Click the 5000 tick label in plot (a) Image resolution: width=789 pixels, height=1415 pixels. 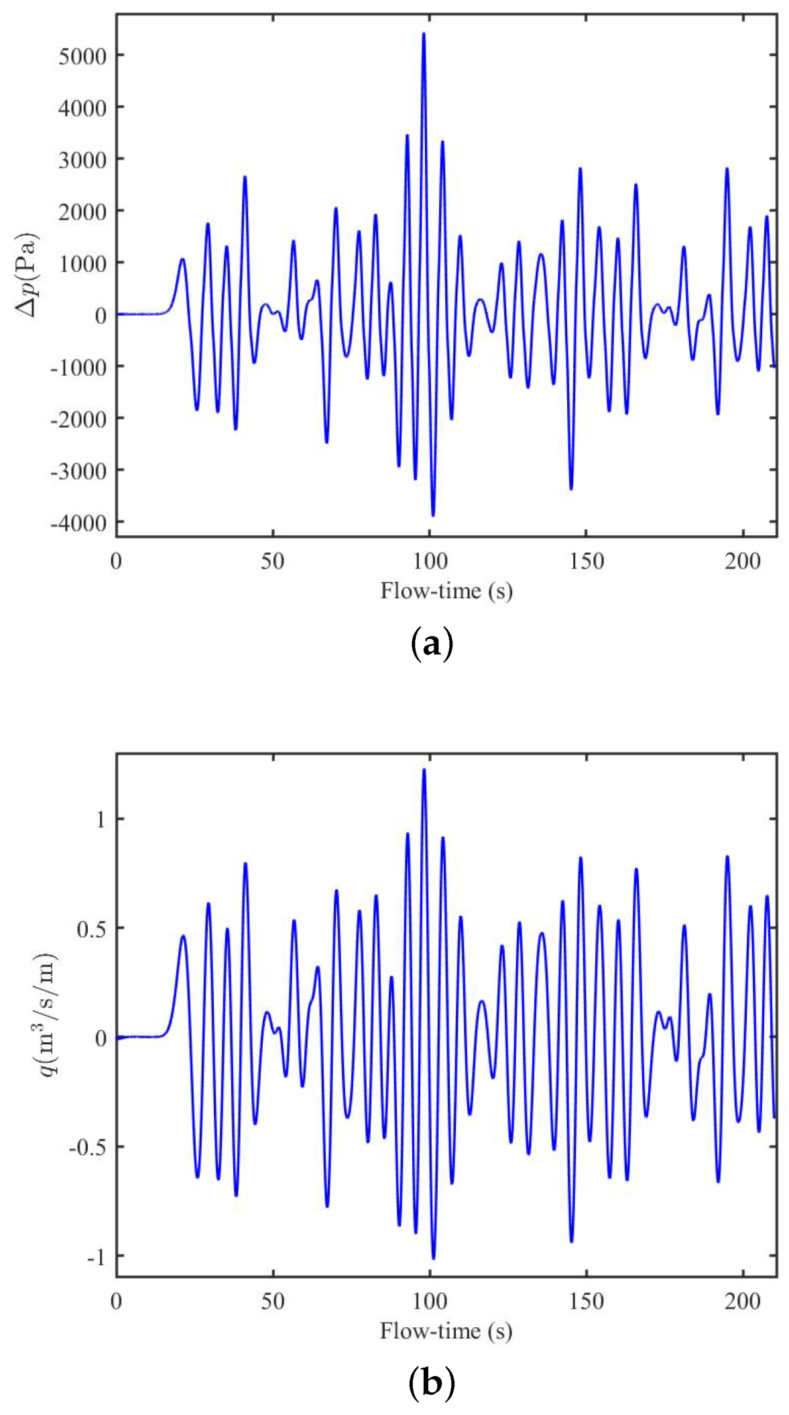click(x=82, y=56)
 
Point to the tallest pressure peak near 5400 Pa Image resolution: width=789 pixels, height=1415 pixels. click(x=423, y=34)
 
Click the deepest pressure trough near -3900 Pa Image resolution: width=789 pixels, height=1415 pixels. click(x=433, y=514)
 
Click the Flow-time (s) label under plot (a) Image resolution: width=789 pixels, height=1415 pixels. click(x=446, y=591)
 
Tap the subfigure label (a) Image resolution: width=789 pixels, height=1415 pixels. click(x=431, y=644)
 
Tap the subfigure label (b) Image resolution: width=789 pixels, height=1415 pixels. click(x=431, y=1382)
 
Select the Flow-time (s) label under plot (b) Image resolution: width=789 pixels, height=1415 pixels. click(x=446, y=1331)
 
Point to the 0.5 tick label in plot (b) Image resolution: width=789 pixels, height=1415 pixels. click(x=92, y=928)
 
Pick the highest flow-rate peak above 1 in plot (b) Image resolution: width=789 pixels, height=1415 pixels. click(x=424, y=770)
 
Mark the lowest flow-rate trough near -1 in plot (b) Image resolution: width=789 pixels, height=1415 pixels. click(x=433, y=1257)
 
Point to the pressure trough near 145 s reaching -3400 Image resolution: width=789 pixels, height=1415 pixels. click(x=571, y=488)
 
